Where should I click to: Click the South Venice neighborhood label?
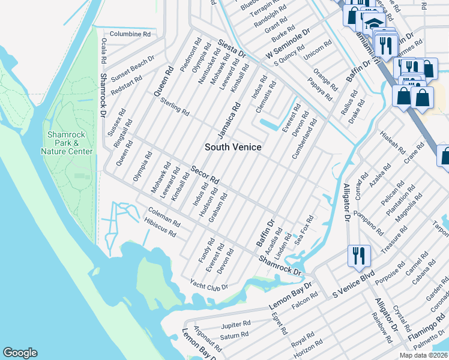point(233,147)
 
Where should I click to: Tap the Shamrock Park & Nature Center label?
point(67,143)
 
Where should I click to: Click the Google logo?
point(20,353)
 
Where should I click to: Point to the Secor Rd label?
point(205,174)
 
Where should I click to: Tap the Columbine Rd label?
point(130,34)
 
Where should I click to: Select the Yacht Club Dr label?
point(209,284)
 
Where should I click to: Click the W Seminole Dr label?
point(288,45)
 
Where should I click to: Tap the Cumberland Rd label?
point(305,142)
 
